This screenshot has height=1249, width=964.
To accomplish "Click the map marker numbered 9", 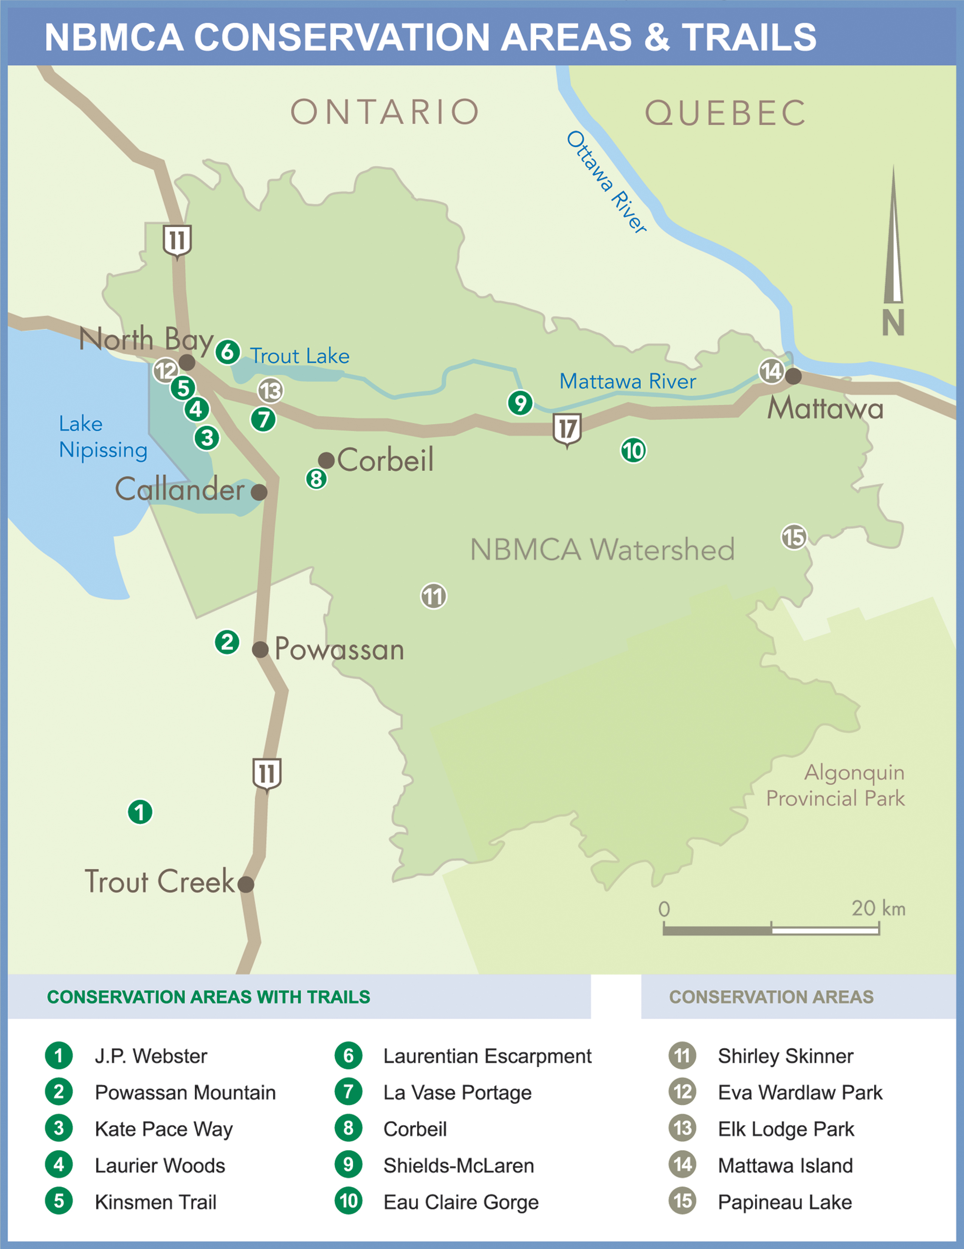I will pos(520,403).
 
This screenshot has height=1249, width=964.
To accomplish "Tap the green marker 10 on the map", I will pos(633,450).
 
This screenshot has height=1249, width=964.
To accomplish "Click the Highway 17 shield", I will pos(567,429).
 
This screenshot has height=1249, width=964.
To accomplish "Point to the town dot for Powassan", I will pos(260,649).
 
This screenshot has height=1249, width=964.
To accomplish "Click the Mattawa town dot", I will pos(793,376).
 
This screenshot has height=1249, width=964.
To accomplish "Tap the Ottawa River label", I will pos(606,182).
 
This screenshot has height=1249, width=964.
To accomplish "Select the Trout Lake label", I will pos(299,356).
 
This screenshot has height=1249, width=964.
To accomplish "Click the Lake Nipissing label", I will pos(103,437).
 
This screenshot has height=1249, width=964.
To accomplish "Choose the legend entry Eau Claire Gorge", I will pos(460,1202).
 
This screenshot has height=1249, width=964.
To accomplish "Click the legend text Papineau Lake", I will pos(784,1202).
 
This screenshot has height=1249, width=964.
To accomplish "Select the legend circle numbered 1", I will pos(59,1056).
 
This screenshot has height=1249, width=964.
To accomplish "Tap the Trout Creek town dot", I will pos(246,884).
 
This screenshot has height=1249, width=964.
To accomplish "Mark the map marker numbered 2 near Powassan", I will pos(227,642).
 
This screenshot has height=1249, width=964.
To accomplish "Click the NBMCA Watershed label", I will pos(602,549).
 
